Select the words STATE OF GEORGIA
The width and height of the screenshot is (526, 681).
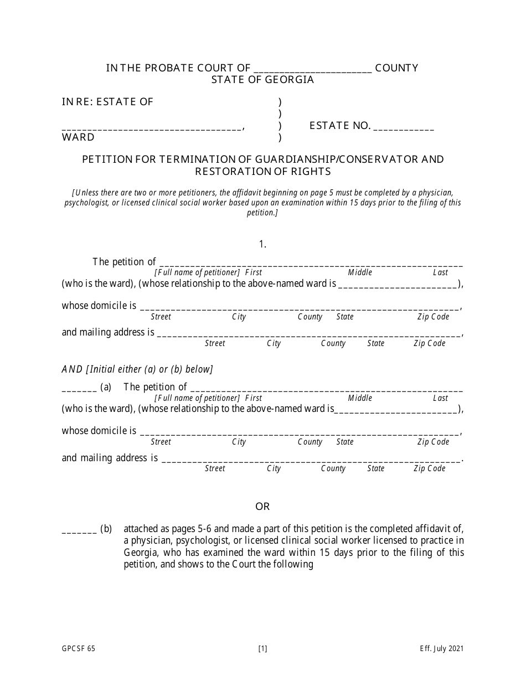pyautogui.click(x=262, y=80)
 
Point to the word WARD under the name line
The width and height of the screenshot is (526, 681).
pyautogui.click(x=78, y=137)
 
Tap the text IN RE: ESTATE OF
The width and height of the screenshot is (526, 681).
pyautogui.click(x=107, y=102)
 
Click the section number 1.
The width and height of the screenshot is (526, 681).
pyautogui.click(x=262, y=244)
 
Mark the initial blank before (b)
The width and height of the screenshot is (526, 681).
pyautogui.click(x=79, y=530)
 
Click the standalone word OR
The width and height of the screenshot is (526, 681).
pyautogui.click(x=262, y=507)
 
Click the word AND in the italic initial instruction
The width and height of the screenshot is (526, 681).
pyautogui.click(x=71, y=369)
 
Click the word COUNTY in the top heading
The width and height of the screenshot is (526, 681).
pyautogui.click(x=396, y=68)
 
